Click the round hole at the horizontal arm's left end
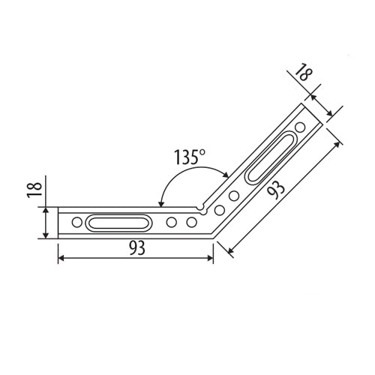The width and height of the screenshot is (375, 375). pyautogui.click(x=77, y=222)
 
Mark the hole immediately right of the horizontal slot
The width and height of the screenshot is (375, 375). pyautogui.click(x=172, y=222)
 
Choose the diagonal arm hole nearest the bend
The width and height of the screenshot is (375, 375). pyautogui.click(x=221, y=209)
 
